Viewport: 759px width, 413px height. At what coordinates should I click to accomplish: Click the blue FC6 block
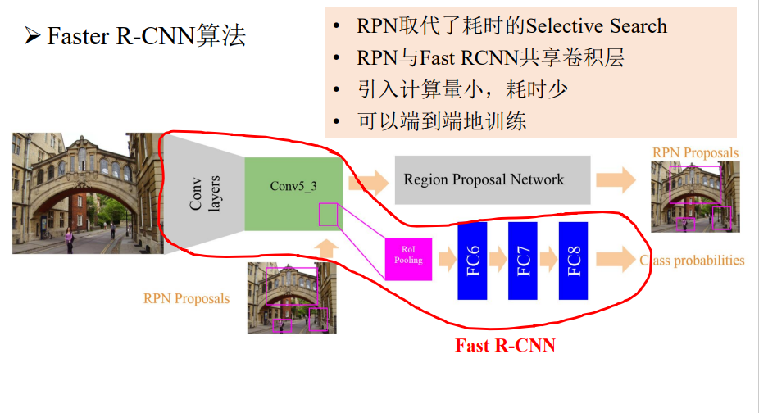[x=472, y=260]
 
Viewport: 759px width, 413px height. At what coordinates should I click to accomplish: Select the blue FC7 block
[x=523, y=260]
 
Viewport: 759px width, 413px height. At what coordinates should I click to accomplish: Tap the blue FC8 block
[x=574, y=260]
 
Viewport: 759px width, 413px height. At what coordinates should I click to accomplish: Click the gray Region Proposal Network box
[x=492, y=179]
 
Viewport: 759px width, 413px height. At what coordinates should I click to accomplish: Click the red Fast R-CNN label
[x=505, y=346]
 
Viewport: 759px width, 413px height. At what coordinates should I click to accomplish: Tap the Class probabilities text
[x=693, y=261]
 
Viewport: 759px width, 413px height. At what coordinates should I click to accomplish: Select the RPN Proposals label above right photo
[x=695, y=152]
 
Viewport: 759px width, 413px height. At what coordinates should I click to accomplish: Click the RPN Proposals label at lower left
[x=186, y=298]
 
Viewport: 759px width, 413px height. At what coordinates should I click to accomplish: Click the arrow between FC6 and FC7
[x=498, y=261]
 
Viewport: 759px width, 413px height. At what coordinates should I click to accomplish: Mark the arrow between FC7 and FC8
[x=548, y=261]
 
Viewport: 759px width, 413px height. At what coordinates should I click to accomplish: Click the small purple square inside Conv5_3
[x=328, y=215]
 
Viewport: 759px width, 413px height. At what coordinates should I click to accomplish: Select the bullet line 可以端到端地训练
[x=442, y=122]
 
